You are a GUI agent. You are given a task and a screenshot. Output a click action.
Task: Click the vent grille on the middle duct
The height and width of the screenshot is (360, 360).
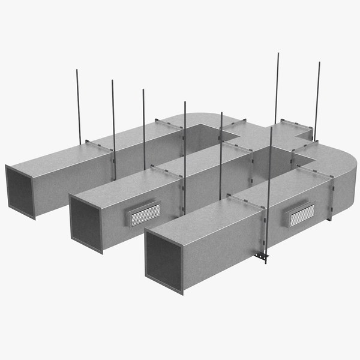click(145, 213)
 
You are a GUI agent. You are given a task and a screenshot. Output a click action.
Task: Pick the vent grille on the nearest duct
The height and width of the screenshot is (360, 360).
click(301, 214)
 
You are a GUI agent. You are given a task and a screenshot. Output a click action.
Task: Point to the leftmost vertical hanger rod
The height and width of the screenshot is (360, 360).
click(79, 105)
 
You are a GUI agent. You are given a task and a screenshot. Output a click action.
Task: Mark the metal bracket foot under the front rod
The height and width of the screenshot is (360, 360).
click(262, 257)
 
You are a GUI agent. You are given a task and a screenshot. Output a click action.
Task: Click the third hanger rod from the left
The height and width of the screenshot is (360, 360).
click(144, 129)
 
